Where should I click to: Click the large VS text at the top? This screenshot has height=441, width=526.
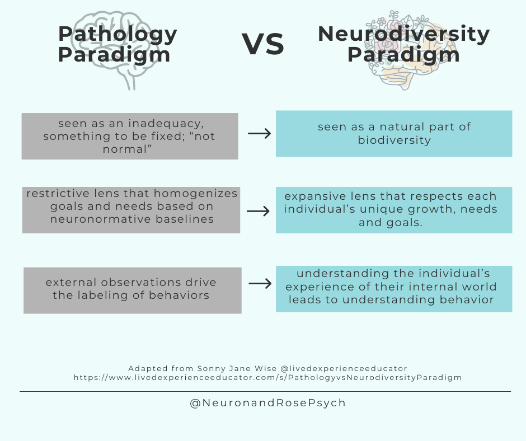point(263,45)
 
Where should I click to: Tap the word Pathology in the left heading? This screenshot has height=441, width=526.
point(118,34)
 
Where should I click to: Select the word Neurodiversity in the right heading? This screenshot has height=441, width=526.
point(403,34)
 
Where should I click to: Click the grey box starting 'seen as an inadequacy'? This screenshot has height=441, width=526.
point(130,136)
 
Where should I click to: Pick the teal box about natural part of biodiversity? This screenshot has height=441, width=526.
point(394,133)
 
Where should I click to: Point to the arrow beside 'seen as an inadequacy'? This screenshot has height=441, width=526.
point(259,134)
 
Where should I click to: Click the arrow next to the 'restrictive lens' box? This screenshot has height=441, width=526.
point(258,211)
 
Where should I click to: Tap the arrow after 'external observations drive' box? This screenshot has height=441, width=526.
point(260,284)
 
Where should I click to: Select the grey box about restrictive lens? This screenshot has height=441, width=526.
point(131,210)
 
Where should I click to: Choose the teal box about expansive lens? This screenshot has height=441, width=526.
point(394,210)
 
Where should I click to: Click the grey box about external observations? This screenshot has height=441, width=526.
point(132,290)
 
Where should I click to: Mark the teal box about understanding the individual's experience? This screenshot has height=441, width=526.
point(394,289)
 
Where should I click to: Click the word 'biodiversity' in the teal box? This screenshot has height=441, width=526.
point(394,140)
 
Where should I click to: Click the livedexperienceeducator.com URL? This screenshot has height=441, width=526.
point(267,378)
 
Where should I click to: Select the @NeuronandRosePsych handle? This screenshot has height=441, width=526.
point(267,403)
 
